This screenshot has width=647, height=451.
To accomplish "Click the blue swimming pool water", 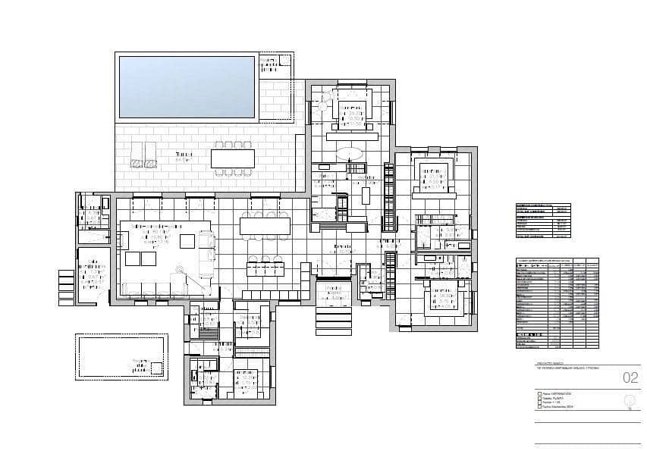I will point(187,86).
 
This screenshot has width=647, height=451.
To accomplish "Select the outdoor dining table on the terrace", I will point(233,158).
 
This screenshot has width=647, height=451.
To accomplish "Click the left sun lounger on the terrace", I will point(137,154).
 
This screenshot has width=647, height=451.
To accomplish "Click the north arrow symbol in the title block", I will point(629,401).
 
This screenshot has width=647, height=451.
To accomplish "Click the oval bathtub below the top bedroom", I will point(350,152).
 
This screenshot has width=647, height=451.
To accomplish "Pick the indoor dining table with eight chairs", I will point(265,226).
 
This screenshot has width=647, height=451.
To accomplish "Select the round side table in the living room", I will point(181,268).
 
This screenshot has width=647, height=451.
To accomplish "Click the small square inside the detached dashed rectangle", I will point(156,368).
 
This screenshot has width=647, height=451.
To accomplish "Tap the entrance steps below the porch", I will point(334,321).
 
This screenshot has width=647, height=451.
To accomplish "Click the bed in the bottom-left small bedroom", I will point(244,382).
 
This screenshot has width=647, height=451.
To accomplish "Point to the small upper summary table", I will point(542,221).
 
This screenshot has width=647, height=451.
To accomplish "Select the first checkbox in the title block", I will point(539,394).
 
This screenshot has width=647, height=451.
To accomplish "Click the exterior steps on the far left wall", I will point(67,287).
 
